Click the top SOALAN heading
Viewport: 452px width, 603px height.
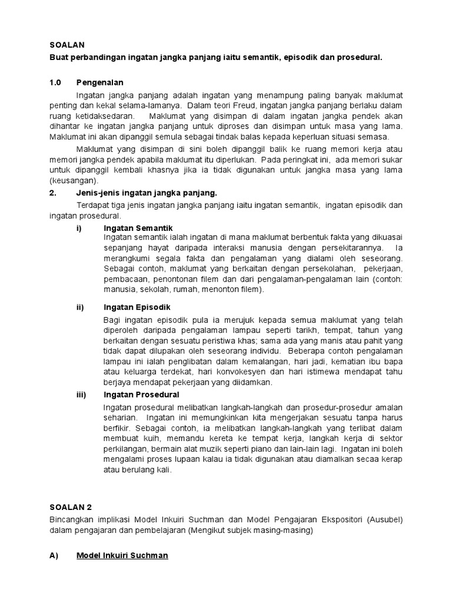coord(67,44)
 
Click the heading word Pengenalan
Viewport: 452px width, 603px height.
coord(100,82)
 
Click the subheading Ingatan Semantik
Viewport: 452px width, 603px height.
coord(138,228)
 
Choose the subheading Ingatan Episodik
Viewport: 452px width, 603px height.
coord(137,307)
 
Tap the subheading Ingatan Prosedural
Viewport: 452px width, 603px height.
coord(141,395)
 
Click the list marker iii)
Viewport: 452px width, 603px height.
coord(82,395)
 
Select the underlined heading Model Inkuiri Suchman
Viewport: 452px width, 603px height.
coord(122,555)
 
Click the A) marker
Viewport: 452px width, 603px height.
coord(54,555)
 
